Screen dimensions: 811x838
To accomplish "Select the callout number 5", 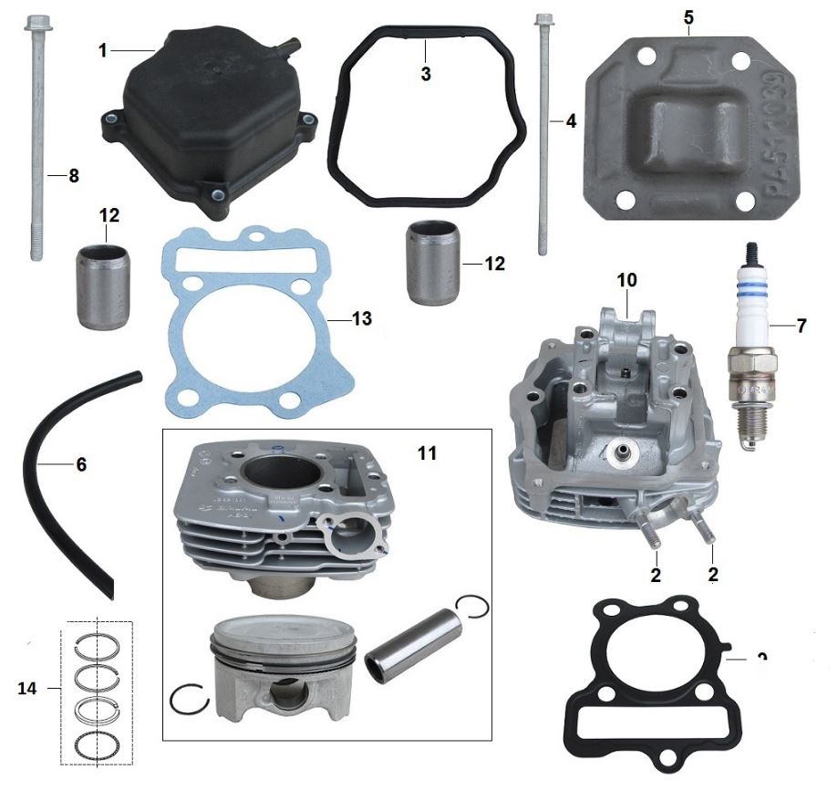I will pos(688,17).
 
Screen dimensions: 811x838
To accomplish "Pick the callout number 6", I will pos(81,464).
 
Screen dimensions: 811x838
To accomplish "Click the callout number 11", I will pos(427,452).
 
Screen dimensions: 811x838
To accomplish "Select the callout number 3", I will pos(425,74).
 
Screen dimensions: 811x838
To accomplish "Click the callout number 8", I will pos(74,175).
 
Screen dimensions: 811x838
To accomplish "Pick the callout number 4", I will pos(571,120).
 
